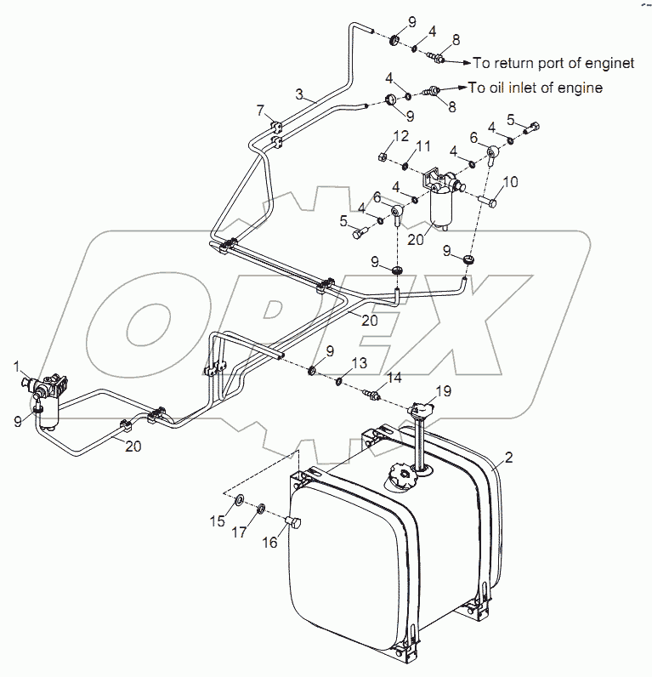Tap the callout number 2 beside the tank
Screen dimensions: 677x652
[509, 458]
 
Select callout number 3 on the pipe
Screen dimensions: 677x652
[299, 93]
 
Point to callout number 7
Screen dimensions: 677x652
[261, 109]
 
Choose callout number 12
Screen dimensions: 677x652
[401, 135]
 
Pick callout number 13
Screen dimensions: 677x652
[360, 361]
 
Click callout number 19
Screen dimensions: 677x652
[444, 390]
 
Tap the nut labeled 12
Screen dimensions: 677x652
[382, 157]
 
